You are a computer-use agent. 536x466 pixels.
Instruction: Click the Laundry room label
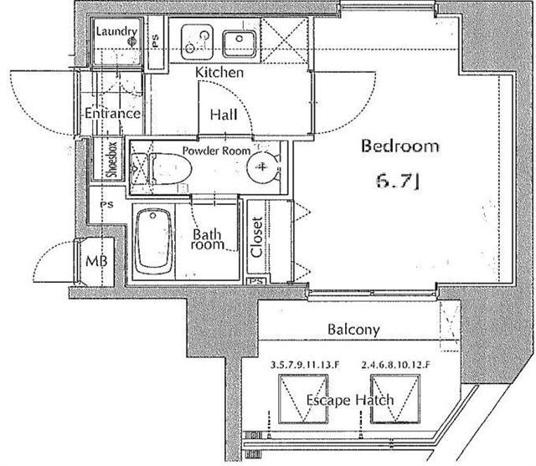(x=116, y=32)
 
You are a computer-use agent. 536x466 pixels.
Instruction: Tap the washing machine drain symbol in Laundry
(x=132, y=42)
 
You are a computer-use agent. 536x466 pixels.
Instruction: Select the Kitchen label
(x=219, y=73)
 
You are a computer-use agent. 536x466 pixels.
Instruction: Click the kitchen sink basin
(x=240, y=44)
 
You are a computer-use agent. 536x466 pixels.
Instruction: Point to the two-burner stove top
(x=198, y=42)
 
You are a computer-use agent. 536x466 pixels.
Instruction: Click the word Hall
(x=224, y=115)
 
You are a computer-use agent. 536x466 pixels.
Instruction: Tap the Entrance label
(x=112, y=113)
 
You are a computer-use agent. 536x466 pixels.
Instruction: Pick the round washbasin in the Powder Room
(x=262, y=167)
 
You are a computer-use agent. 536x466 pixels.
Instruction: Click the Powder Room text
(x=216, y=151)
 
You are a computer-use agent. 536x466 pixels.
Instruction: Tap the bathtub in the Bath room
(x=153, y=242)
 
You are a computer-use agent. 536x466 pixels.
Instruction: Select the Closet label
(x=257, y=237)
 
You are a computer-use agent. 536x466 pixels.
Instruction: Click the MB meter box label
(x=96, y=261)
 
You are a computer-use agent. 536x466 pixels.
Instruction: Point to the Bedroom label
(x=400, y=146)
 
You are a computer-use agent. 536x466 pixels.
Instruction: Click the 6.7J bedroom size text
(x=399, y=181)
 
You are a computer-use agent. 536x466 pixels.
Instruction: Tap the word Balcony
(x=353, y=330)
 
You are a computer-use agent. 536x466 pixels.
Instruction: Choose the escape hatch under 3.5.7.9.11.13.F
(x=303, y=399)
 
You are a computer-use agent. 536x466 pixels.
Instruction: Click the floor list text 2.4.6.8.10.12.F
(x=395, y=365)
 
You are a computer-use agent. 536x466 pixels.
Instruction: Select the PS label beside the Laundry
(x=156, y=41)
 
